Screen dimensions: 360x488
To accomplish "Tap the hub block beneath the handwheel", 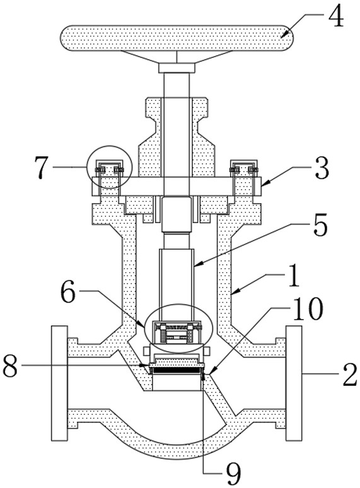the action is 177,68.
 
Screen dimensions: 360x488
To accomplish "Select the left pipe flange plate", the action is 59,383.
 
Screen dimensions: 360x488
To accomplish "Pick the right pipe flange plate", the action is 294,383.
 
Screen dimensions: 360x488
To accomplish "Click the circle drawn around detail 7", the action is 88,167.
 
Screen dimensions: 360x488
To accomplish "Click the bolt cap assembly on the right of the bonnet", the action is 244,168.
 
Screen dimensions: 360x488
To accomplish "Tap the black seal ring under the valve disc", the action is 176,370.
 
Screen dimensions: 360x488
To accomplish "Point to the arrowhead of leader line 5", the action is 198,265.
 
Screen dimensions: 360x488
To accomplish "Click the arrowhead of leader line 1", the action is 236,291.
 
